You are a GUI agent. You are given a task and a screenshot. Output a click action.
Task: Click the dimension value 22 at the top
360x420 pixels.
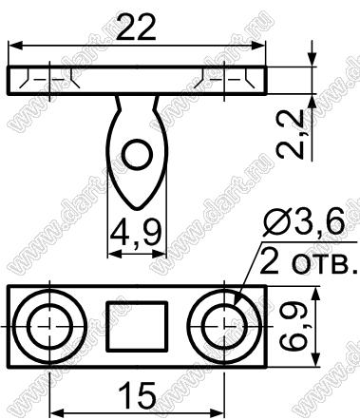[x=136, y=28]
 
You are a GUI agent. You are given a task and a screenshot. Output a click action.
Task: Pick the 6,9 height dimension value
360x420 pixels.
[x=294, y=326]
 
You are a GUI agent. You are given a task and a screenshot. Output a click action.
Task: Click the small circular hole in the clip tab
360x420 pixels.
[x=138, y=155]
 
